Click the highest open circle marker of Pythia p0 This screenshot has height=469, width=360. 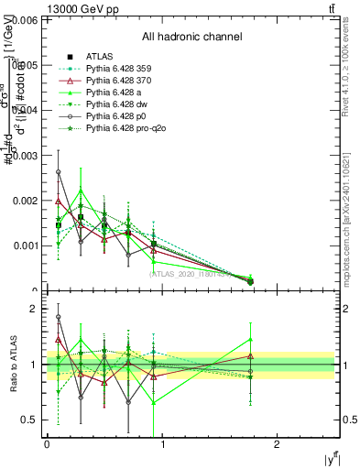tap(59, 172)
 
